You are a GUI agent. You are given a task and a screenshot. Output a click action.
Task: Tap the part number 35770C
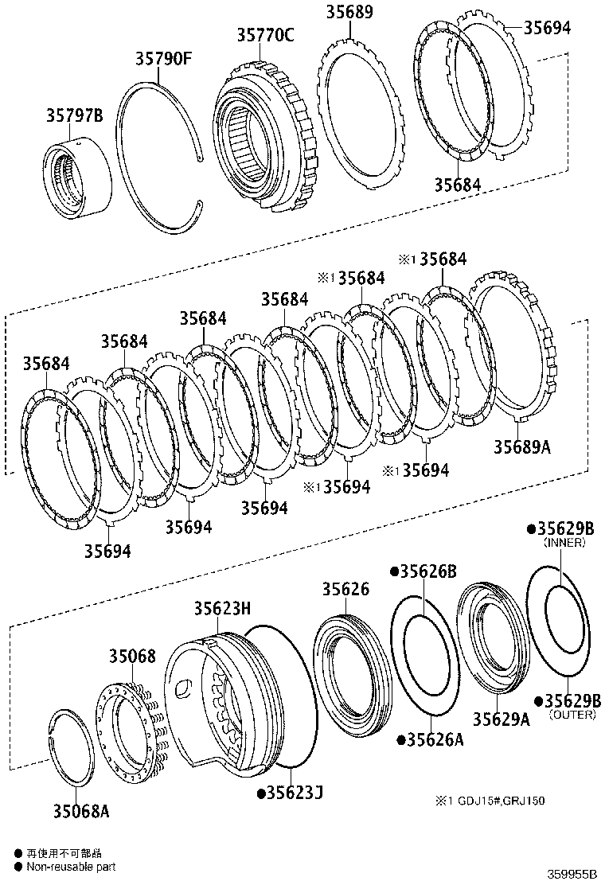click(264, 35)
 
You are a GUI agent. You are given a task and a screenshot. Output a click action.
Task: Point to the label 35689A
click(521, 446)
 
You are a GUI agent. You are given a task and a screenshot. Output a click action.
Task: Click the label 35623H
click(223, 609)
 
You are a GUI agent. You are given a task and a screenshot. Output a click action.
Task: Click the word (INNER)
click(564, 543)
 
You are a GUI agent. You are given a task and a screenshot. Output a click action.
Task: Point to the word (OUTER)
click(572, 715)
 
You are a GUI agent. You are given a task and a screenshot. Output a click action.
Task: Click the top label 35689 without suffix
click(349, 13)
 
